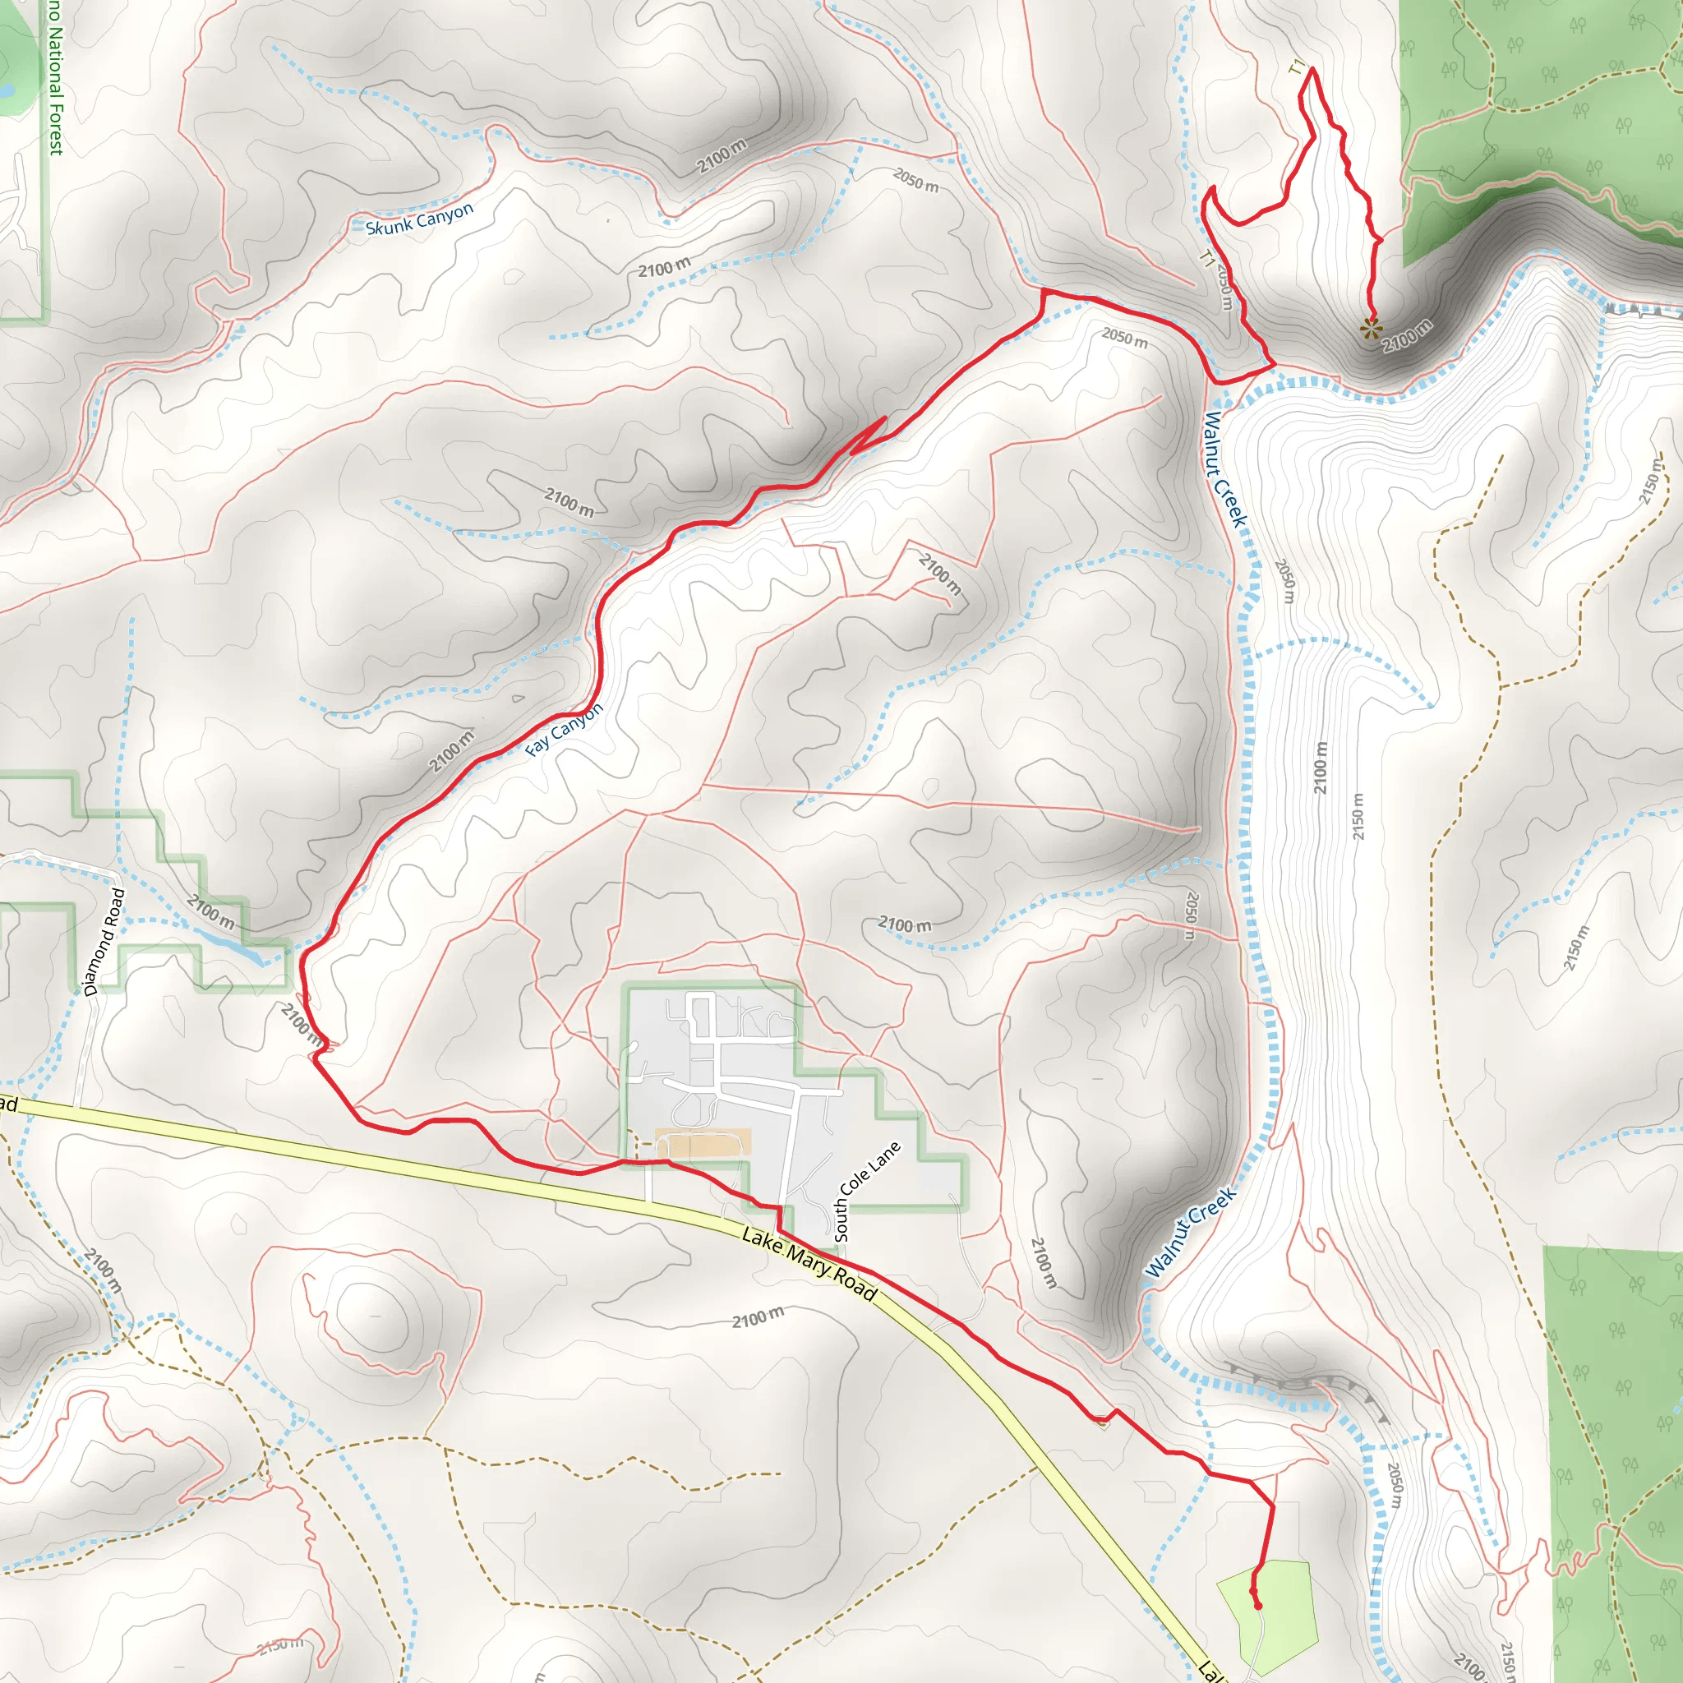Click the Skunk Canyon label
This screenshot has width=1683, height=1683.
click(x=419, y=219)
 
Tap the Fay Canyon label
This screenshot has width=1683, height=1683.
click(x=565, y=730)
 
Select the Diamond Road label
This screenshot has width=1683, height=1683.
click(x=104, y=942)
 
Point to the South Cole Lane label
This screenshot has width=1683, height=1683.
click(x=867, y=1191)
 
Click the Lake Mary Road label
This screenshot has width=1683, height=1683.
click(x=809, y=1264)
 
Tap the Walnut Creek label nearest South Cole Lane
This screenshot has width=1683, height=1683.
click(x=1190, y=1232)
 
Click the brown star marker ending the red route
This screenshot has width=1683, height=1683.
click(x=1370, y=329)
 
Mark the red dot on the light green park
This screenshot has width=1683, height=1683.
click(x=1257, y=1606)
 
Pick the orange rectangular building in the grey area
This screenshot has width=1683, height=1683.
click(x=702, y=1143)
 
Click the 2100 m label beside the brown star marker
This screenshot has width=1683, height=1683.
click(x=1406, y=336)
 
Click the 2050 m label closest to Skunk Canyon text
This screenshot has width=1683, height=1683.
click(x=915, y=179)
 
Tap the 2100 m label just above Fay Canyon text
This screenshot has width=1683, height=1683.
click(x=452, y=750)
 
